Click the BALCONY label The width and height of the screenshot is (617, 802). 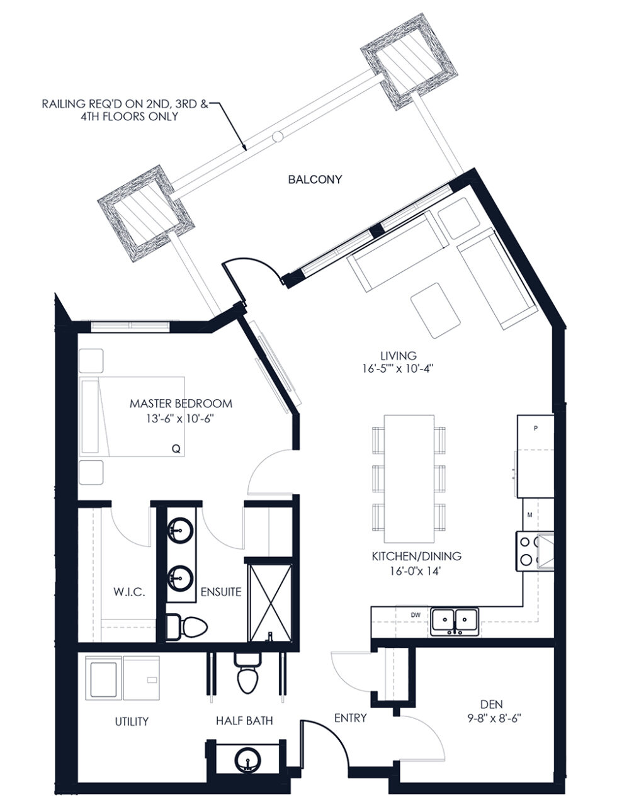click(x=315, y=180)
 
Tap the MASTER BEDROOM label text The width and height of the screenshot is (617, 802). click(x=181, y=404)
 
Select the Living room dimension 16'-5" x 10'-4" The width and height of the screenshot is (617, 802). click(x=397, y=369)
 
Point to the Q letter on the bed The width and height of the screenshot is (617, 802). click(x=176, y=449)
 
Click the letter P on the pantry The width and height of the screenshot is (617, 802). click(x=535, y=429)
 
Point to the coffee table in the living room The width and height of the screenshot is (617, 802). click(x=436, y=310)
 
